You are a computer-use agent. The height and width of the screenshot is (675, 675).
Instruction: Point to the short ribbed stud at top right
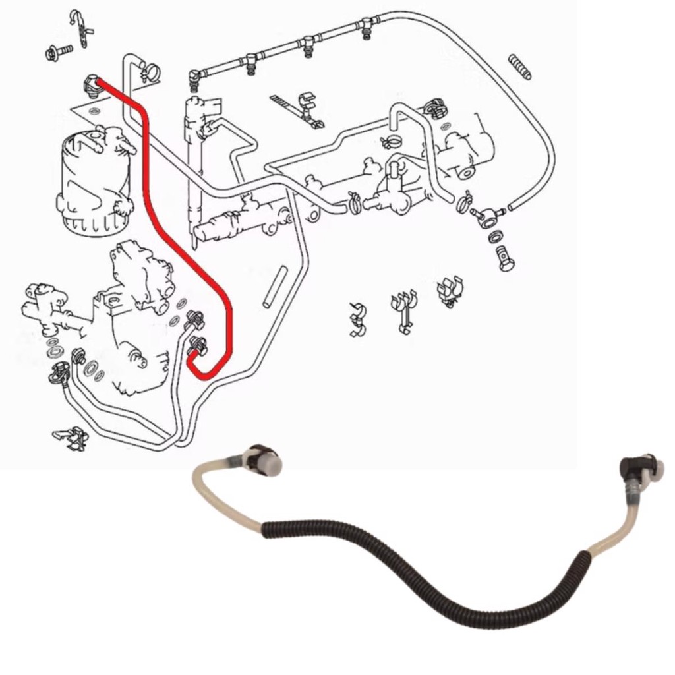520,67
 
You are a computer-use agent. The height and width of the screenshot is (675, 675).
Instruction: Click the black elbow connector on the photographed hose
631,468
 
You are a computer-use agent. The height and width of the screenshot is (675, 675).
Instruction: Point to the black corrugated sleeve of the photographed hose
422,567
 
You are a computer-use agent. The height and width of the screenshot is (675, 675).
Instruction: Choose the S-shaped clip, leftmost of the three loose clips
358,319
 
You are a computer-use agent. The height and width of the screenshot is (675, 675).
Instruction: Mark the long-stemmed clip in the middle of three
403,310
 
